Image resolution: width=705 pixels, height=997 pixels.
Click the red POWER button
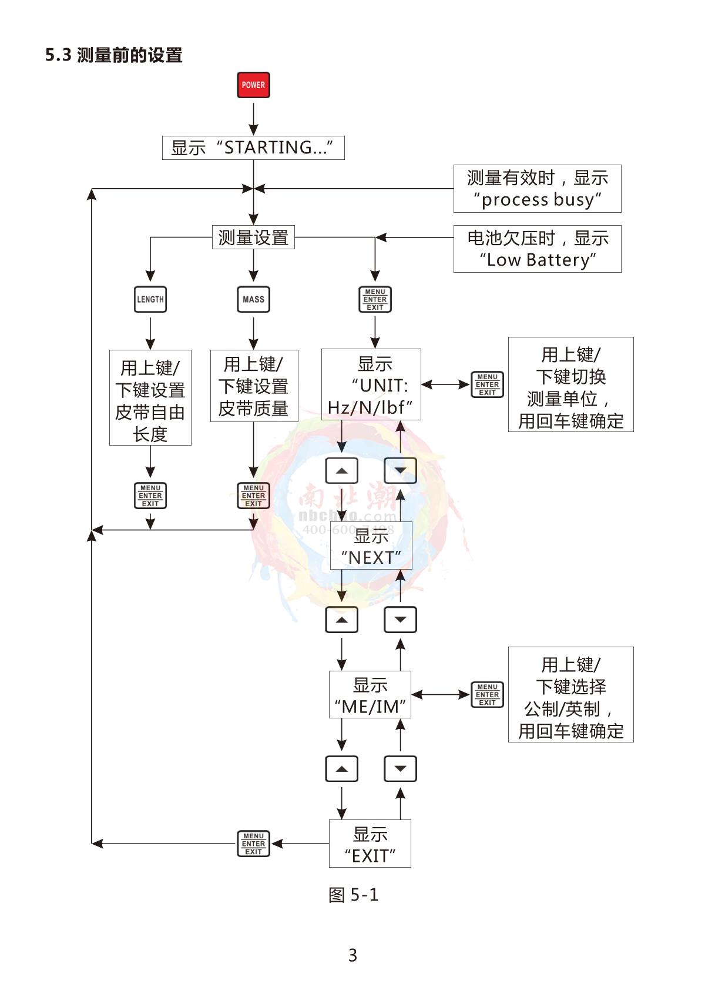(253, 85)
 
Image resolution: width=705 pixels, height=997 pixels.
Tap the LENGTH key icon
(150, 299)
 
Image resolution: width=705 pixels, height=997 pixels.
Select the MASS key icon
(253, 299)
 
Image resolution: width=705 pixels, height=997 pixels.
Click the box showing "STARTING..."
(253, 148)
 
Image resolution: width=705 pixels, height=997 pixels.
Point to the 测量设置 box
(253, 237)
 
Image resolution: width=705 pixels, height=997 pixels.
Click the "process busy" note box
(537, 189)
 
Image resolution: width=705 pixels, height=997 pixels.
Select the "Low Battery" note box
(537, 249)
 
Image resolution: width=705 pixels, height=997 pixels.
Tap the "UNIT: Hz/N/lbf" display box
(371, 384)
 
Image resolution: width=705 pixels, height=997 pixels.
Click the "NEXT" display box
(371, 546)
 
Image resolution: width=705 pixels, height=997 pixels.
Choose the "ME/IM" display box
(370, 695)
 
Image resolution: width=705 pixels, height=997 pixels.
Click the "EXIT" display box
(370, 844)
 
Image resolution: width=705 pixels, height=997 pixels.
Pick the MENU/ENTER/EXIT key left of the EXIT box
(253, 844)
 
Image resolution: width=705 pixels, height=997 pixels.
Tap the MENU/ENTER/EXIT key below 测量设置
(375, 299)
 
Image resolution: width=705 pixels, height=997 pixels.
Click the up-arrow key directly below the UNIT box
(342, 470)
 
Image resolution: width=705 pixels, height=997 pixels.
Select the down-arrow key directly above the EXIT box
(400, 769)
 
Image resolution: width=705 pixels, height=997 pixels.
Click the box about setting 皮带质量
(254, 386)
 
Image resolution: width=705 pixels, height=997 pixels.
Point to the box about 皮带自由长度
(150, 398)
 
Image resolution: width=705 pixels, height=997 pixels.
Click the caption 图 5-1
(353, 895)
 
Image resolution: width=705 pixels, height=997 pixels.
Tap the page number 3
(352, 955)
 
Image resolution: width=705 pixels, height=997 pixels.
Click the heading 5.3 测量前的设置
(114, 55)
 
